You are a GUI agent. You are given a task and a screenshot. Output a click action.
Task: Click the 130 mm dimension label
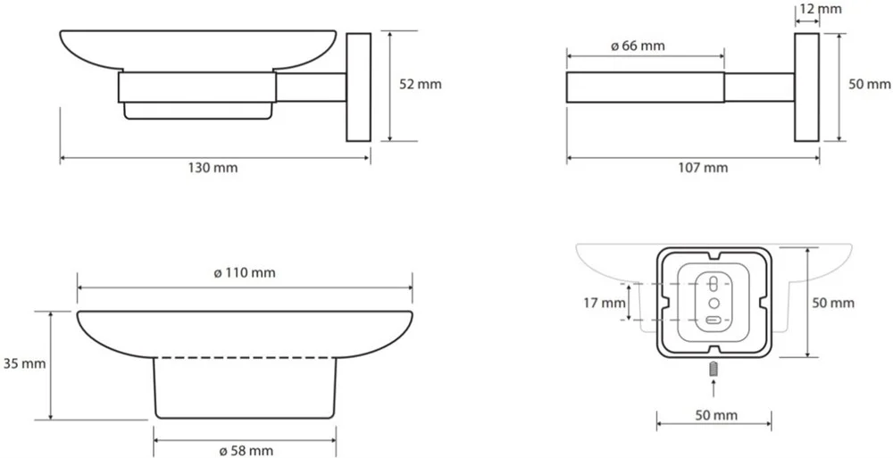(213, 168)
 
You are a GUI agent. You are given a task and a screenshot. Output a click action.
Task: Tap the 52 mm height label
(421, 85)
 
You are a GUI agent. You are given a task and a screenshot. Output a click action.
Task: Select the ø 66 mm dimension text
(638, 46)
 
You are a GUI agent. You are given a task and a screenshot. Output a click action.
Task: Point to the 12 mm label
(821, 9)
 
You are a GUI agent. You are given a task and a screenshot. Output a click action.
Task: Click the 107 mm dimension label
(703, 168)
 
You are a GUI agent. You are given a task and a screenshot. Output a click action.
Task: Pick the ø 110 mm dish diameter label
(245, 273)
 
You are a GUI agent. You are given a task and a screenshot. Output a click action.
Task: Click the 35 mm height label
(24, 363)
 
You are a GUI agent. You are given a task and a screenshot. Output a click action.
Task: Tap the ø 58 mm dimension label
(246, 451)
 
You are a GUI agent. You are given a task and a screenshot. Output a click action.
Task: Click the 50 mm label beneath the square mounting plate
(716, 415)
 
